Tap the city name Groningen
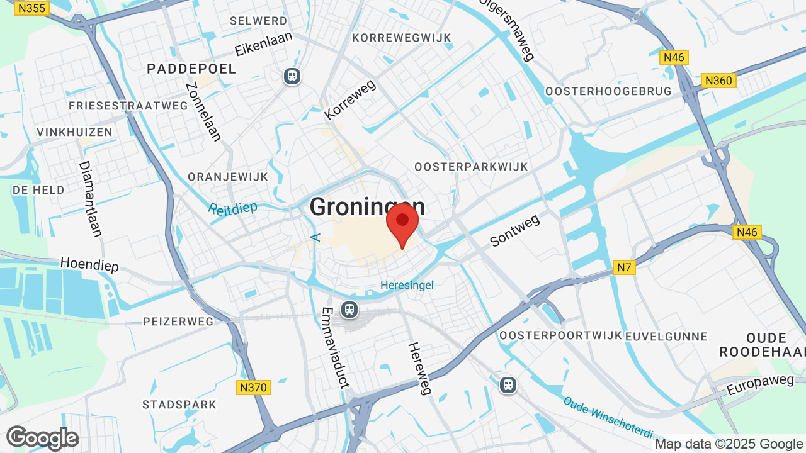point(367,207)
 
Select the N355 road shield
point(31,8)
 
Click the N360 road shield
point(718,81)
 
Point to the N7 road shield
point(624,268)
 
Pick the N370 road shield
point(253,388)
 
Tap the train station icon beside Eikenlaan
point(292,76)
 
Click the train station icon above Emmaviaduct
point(349,310)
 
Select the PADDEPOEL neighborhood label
point(191,69)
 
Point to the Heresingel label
point(407,286)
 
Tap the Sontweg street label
point(514,230)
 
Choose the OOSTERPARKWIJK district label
point(471,167)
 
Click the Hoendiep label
point(89,264)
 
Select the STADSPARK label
point(179,405)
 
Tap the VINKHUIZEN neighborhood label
point(74,132)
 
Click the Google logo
point(42,438)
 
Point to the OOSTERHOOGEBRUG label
point(608,91)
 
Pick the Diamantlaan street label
point(90,199)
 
